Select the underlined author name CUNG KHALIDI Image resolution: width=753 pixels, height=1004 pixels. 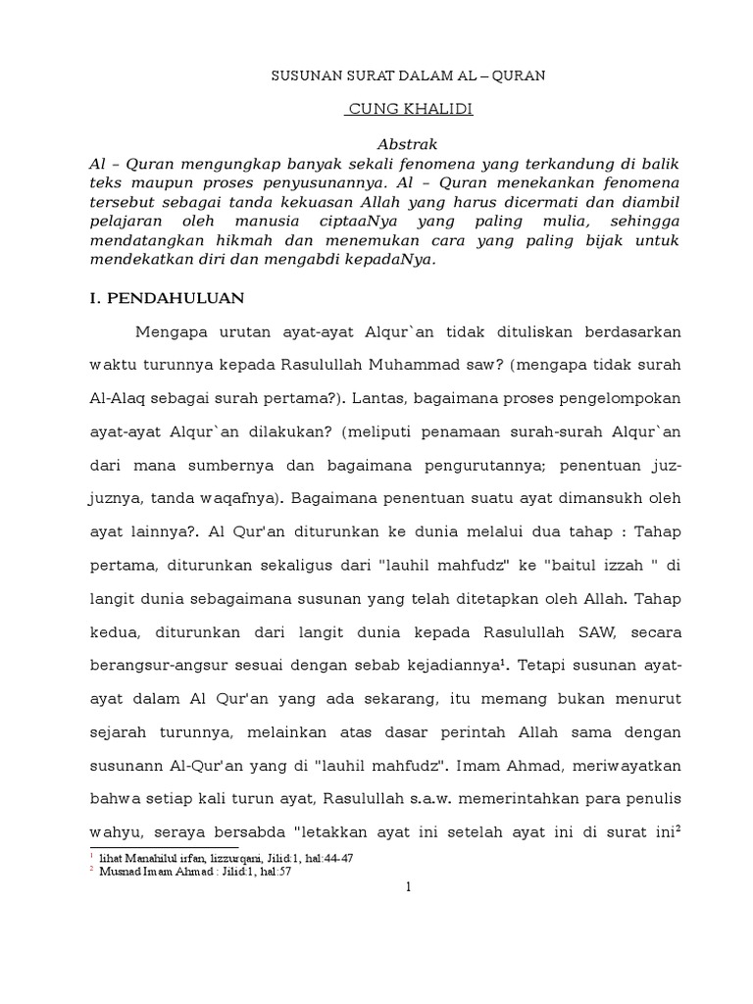coord(409,109)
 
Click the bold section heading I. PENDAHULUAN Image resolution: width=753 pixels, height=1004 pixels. coord(168,296)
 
